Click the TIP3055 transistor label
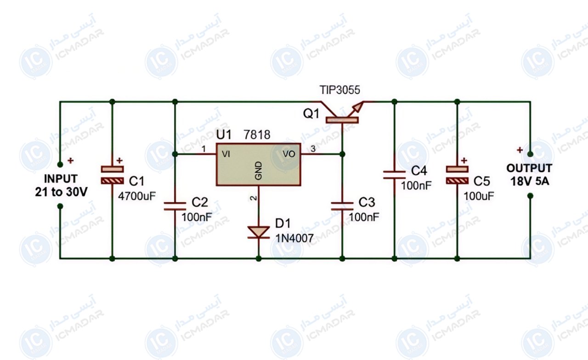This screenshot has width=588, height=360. pos(339,90)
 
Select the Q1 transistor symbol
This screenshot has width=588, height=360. pos(342,112)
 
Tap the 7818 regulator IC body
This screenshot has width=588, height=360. pos(259,164)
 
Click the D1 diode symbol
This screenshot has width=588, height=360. pos(259,232)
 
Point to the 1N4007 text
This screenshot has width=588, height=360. pos(294,238)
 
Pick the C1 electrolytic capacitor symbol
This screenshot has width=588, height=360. pos(113,175)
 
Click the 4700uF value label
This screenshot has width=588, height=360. pos(137,196)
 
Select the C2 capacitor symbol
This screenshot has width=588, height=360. pos(175,206)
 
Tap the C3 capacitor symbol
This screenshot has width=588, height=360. pos(342,206)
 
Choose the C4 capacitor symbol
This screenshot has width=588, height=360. pos(394,175)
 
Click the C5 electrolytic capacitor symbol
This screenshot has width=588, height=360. pos(457,175)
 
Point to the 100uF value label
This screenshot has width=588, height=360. pos(479,196)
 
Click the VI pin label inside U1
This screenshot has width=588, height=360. pos(226,154)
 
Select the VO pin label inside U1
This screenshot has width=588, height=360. pos(289,154)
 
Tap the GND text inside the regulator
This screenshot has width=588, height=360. pos(259,171)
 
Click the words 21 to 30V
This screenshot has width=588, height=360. pos(61,192)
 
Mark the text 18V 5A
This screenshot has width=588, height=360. pos(530,181)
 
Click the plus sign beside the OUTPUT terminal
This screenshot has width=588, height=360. pos(520,150)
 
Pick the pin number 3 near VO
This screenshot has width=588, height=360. pos(313,149)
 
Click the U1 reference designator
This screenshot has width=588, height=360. pos(224,135)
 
